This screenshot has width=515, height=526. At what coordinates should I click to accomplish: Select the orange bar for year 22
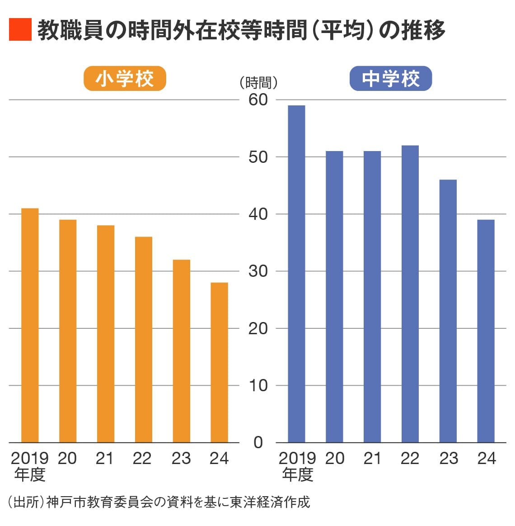click(143, 339)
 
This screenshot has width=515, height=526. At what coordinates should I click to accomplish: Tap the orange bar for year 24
click(219, 362)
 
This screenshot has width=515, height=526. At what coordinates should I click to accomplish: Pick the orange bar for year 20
click(68, 331)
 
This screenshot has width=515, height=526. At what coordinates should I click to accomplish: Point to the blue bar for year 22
click(410, 294)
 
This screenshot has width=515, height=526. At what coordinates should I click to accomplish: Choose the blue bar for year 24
click(486, 331)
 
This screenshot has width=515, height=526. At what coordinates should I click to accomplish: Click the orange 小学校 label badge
click(125, 79)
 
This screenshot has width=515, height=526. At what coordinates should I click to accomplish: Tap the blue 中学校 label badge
click(391, 79)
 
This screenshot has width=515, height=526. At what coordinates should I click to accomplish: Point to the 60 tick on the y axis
click(258, 100)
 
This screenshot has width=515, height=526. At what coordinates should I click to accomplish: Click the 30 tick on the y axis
click(258, 271)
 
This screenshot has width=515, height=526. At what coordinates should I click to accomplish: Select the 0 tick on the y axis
click(258, 442)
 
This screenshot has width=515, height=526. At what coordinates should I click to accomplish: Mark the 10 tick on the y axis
click(258, 385)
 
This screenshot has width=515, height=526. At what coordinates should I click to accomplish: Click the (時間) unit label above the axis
click(258, 83)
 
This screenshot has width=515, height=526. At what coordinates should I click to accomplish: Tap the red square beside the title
click(20, 30)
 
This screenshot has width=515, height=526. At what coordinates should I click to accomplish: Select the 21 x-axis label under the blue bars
click(372, 459)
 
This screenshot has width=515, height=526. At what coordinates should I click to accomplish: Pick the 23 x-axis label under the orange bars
click(181, 459)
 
